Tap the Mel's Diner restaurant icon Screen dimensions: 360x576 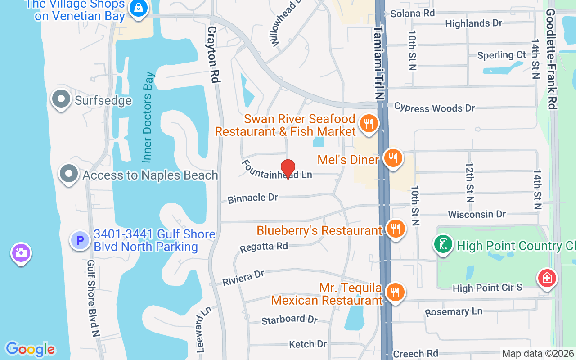coord(393,158)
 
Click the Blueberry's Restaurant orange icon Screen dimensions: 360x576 coord(396,229)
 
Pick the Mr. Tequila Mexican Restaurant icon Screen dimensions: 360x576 coord(395,292)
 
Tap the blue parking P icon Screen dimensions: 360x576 coord(80,241)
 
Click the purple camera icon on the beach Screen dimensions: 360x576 coord(21,253)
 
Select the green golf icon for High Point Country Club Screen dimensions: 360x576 coord(443,244)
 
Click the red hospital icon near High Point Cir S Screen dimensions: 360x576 coord(547,278)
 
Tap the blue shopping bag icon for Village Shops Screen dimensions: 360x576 coord(138,8)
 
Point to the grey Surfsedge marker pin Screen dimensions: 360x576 coord(61,99)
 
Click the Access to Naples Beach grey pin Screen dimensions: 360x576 coord(69,174)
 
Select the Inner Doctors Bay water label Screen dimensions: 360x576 coord(148,117)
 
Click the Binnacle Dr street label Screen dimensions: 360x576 coord(252,198)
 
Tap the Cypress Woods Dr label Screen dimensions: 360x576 coord(434,108)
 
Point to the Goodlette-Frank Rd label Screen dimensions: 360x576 coord(551,58)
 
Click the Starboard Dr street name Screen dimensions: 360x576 coord(289,319)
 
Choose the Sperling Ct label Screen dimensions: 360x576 coord(501,55)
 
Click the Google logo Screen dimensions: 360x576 coord(30,349)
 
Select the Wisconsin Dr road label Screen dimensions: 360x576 coord(477,214)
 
